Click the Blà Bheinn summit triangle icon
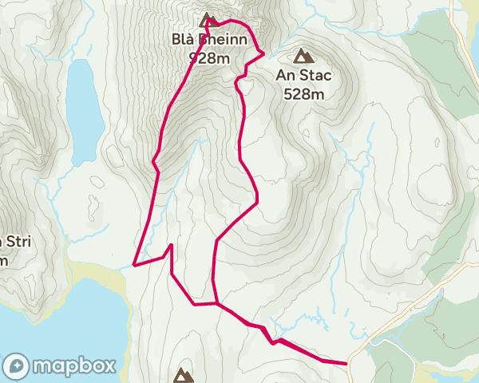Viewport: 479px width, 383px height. tap(208, 20)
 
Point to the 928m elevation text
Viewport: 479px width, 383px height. tap(208, 57)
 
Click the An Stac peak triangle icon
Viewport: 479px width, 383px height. tap(303, 56)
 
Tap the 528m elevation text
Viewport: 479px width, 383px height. tap(303, 94)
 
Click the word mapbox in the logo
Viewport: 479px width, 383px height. tap(74, 366)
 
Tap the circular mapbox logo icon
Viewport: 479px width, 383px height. tap(17, 366)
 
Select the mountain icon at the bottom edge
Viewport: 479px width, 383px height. tap(184, 374)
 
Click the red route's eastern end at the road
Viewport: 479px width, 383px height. tap(347, 363)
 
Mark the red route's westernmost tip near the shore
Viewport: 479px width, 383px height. tap(133, 264)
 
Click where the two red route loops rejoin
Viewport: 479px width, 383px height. tap(215, 303)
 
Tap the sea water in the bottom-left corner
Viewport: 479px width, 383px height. tap(48, 319)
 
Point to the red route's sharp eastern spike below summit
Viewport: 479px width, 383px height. tap(263, 53)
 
